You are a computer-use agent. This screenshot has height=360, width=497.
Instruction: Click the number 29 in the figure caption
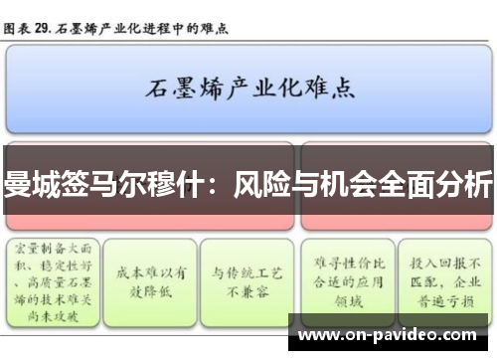click(x=41, y=27)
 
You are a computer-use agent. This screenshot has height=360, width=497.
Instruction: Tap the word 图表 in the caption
click(x=17, y=27)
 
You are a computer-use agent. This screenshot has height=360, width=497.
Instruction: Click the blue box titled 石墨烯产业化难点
click(x=249, y=92)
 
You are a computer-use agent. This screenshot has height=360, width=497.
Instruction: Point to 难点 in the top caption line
click(x=215, y=27)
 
